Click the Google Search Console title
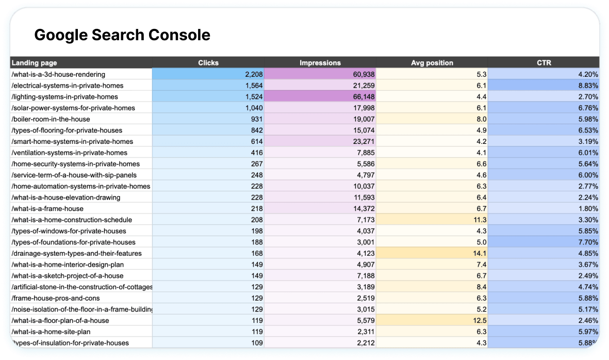point(122,35)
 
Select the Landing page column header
point(35,63)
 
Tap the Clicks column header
point(208,63)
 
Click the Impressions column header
point(320,63)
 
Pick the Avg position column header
point(432,63)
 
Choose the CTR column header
point(544,63)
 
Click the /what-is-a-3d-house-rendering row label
point(58,74)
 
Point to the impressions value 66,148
point(361,97)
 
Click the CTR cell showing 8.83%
point(588,86)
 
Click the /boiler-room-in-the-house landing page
point(51,119)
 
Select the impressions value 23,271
point(361,141)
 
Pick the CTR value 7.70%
point(588,242)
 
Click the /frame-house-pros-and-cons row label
point(55,298)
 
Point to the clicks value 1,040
point(254,108)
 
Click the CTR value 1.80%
point(588,208)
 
